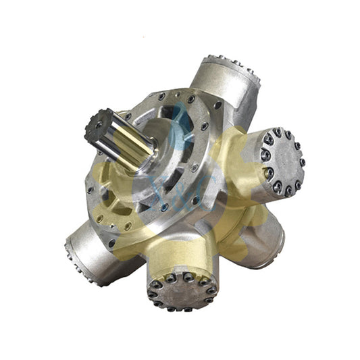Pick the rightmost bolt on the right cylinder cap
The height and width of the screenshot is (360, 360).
point(301,162)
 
